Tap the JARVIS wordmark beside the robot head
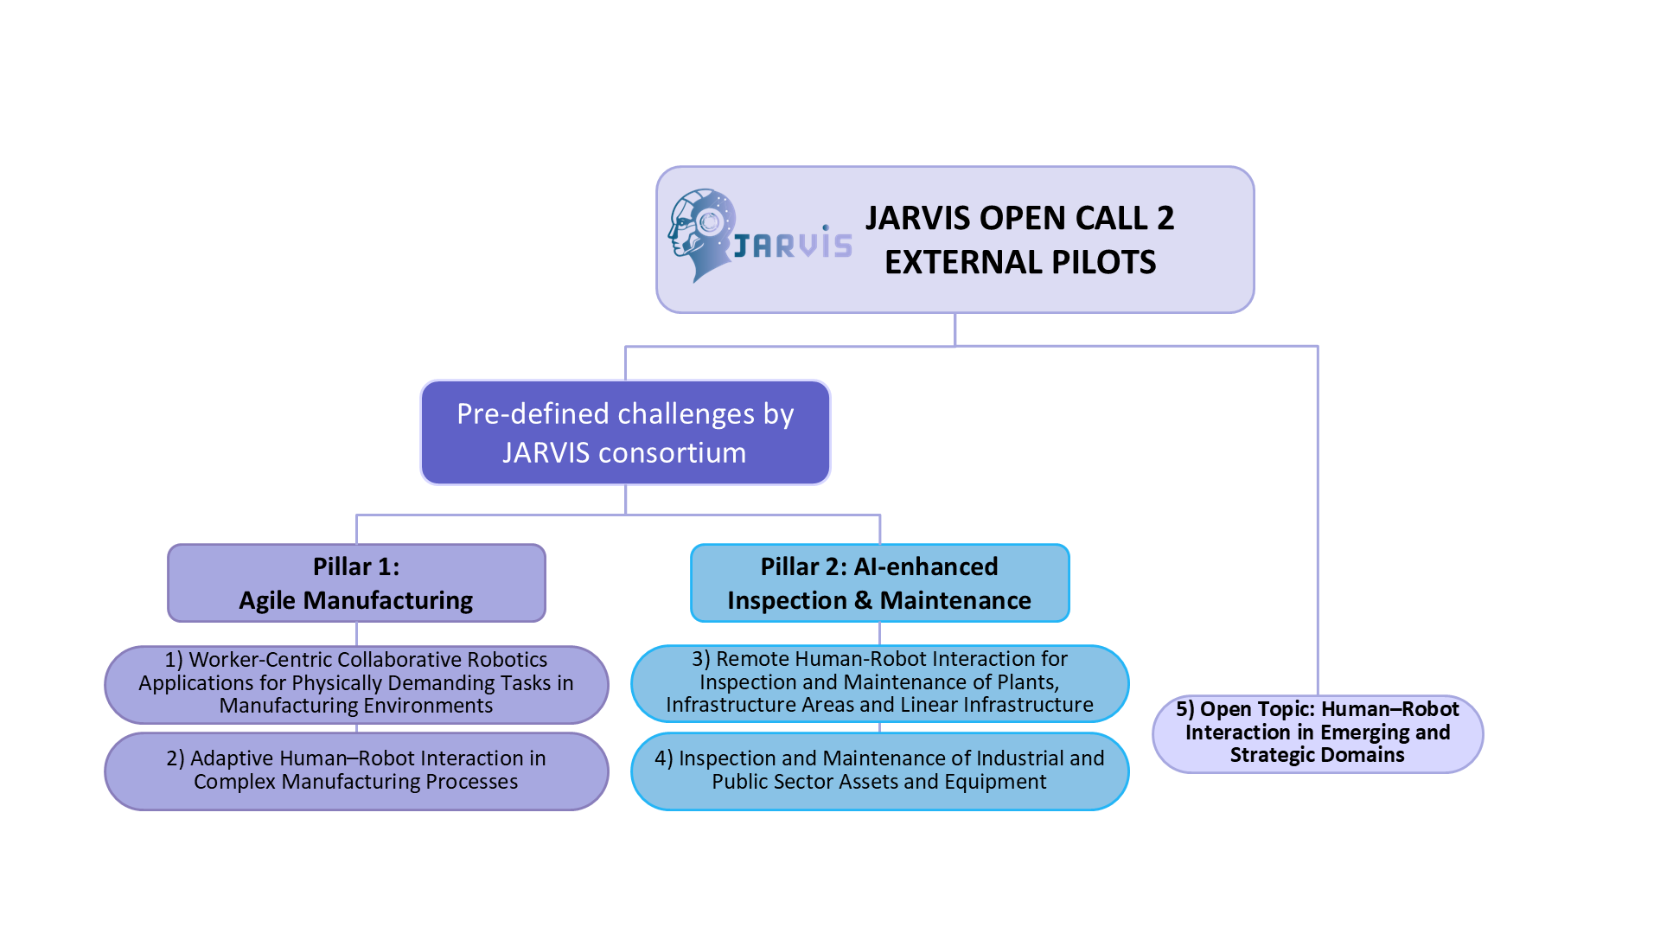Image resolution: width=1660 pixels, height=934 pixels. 793,245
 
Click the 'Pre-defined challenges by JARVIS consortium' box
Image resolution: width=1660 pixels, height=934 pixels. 625,432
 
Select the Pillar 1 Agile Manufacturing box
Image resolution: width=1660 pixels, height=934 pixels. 356,583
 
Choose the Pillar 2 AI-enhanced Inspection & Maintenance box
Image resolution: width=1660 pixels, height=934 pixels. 879,583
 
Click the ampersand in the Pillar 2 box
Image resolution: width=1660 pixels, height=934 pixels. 863,600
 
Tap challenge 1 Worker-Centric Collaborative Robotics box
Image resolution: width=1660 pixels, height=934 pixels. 356,683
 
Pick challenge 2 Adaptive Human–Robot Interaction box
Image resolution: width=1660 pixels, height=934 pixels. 356,771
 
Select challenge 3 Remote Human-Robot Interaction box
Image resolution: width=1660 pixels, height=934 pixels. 879,682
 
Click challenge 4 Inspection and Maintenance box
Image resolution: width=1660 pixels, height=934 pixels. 879,771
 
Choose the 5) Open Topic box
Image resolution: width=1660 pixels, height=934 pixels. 1317,732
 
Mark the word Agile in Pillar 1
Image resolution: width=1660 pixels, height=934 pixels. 267,600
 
